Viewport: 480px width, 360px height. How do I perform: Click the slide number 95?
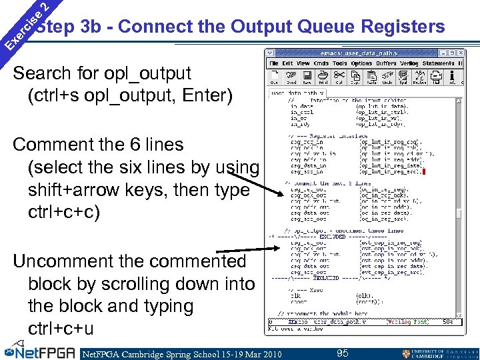pos(342,353)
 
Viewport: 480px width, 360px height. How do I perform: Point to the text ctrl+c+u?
pos(61,329)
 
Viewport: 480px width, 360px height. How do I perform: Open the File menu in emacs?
pos(273,63)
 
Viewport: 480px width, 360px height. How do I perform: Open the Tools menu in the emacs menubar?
pos(340,63)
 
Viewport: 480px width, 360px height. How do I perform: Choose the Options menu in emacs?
pos(361,63)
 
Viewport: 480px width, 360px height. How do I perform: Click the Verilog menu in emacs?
pos(409,63)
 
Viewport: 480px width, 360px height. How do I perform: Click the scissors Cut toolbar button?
pos(339,76)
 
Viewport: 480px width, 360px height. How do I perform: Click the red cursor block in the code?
pos(424,172)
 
